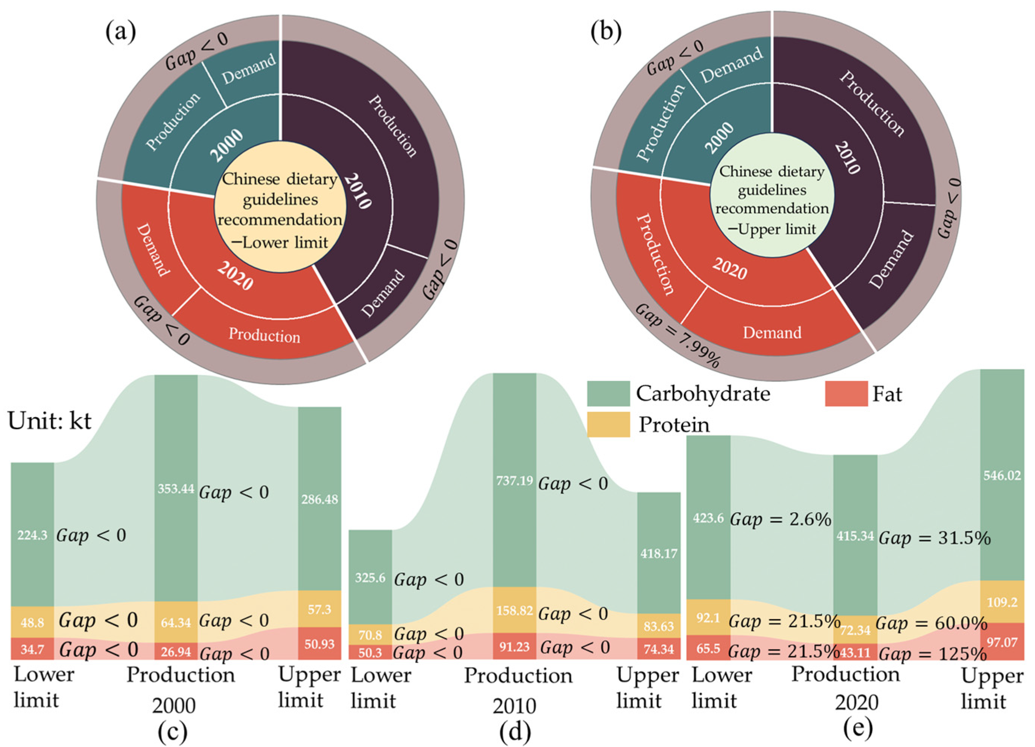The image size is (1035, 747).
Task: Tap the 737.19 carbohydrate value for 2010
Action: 514,481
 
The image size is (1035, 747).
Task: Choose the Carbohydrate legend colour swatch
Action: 608,393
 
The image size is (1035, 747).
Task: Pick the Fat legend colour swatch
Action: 846,393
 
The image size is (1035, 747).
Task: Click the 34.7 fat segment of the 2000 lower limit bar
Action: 32,649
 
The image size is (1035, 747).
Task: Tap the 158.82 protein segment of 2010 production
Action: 514,610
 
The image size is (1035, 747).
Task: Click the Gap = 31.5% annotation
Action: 935,539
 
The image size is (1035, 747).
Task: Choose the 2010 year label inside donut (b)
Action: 847,157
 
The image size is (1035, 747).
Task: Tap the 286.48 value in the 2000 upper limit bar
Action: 319,499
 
